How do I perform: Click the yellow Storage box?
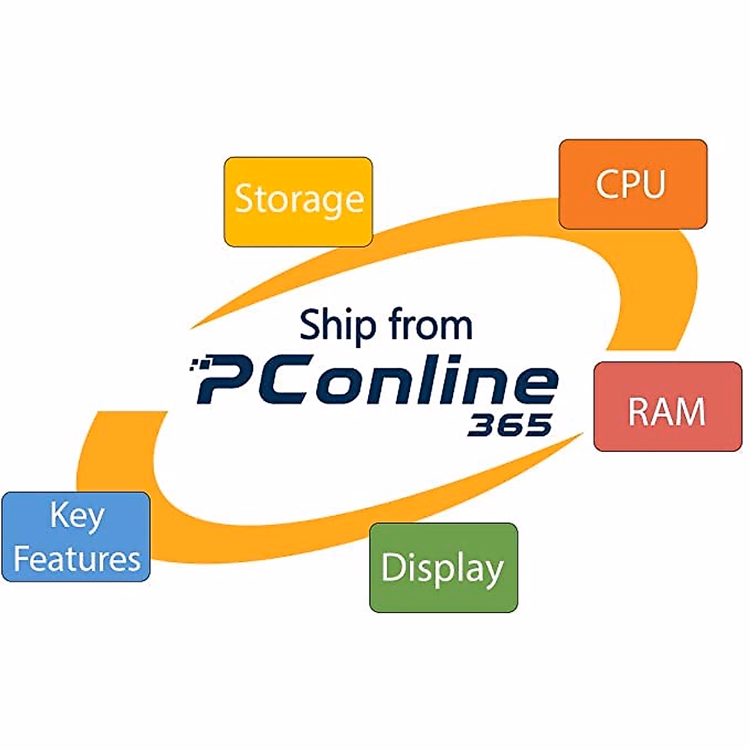point(298,201)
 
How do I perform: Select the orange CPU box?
point(632,184)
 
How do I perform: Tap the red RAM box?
point(667,406)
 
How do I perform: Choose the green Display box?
point(443,567)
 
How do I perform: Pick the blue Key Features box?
point(76,536)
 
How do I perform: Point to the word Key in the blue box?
point(76,516)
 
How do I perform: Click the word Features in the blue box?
point(76,558)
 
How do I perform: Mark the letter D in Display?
point(392,567)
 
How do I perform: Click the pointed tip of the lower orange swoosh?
point(581,434)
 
